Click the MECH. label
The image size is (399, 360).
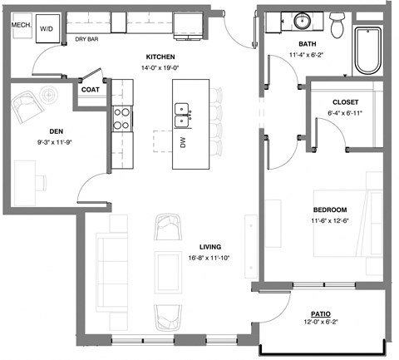[x=21, y=25]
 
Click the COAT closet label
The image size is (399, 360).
[x=91, y=90]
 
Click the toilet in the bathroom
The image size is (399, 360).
[x=337, y=25]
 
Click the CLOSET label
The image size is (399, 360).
[x=342, y=102]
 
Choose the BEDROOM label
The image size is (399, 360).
[x=330, y=210]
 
